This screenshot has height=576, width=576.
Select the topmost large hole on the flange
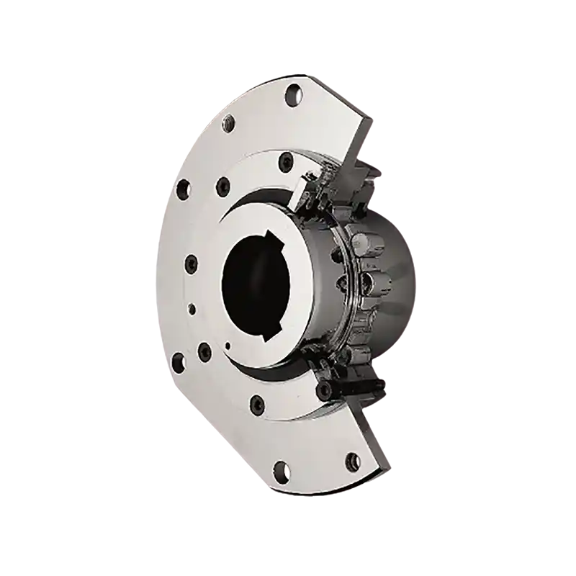(x=292, y=92)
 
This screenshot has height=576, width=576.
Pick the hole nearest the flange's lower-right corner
(x=351, y=459)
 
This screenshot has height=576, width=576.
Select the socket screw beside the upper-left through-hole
(x=224, y=184)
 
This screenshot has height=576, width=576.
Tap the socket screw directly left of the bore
(x=191, y=262)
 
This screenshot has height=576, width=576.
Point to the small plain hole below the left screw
(x=192, y=308)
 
